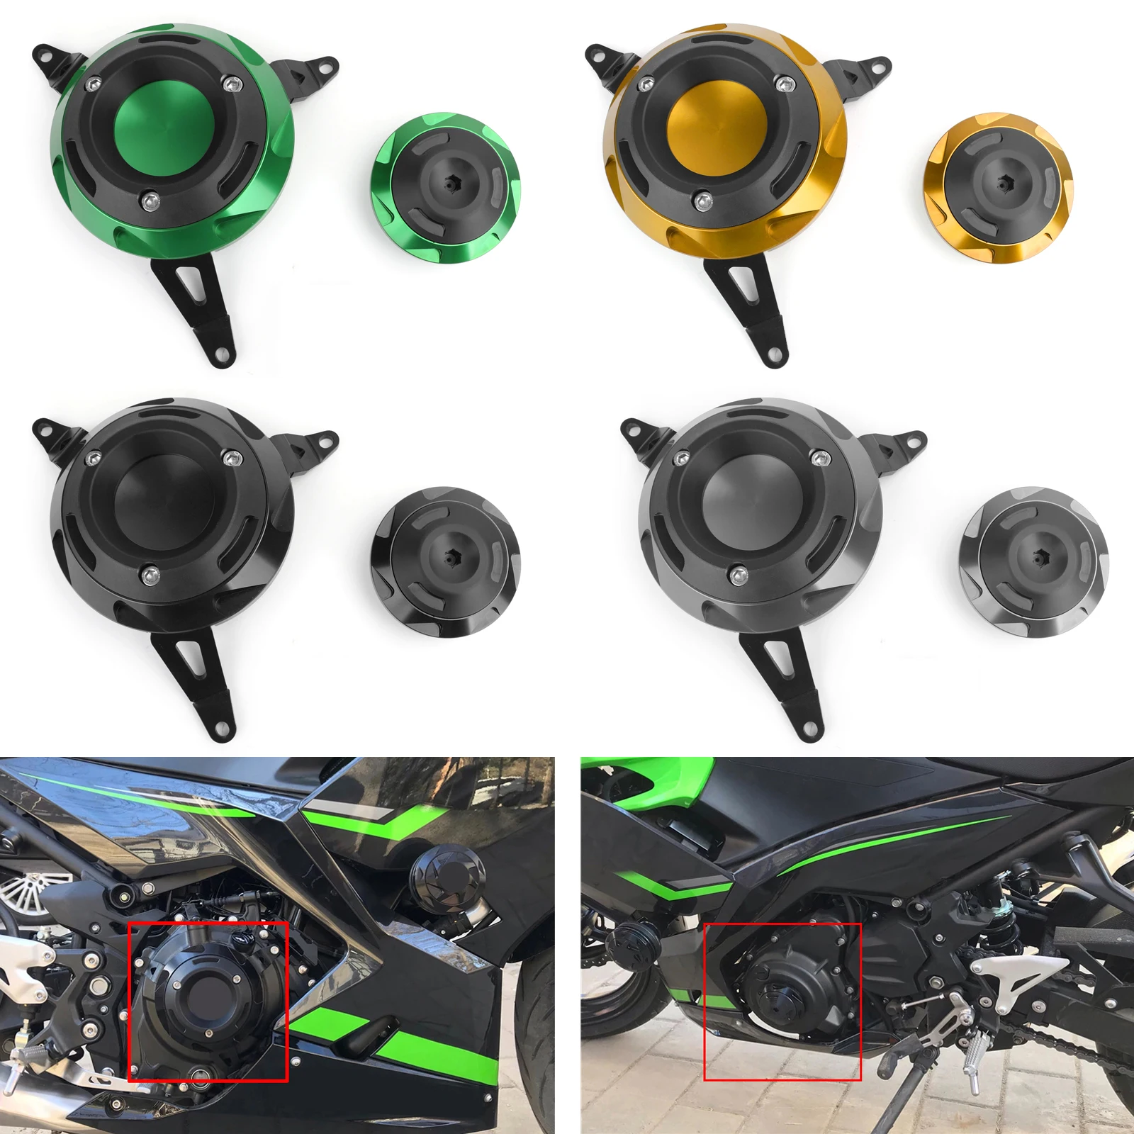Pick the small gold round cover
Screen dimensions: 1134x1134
(x=998, y=187)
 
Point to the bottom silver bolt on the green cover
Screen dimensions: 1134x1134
(x=150, y=201)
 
